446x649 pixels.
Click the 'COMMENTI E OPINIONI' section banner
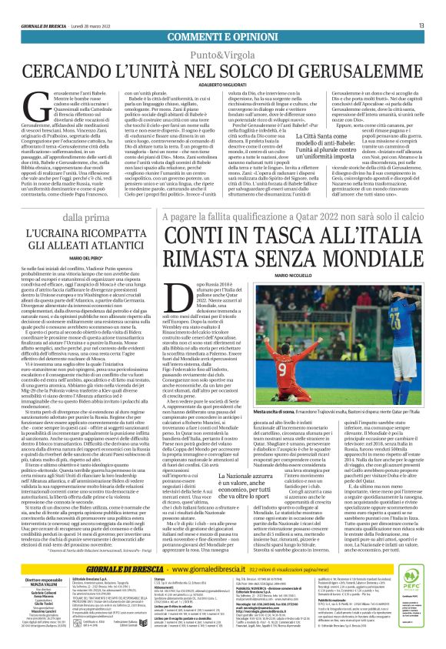pyautogui.click(x=223, y=38)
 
